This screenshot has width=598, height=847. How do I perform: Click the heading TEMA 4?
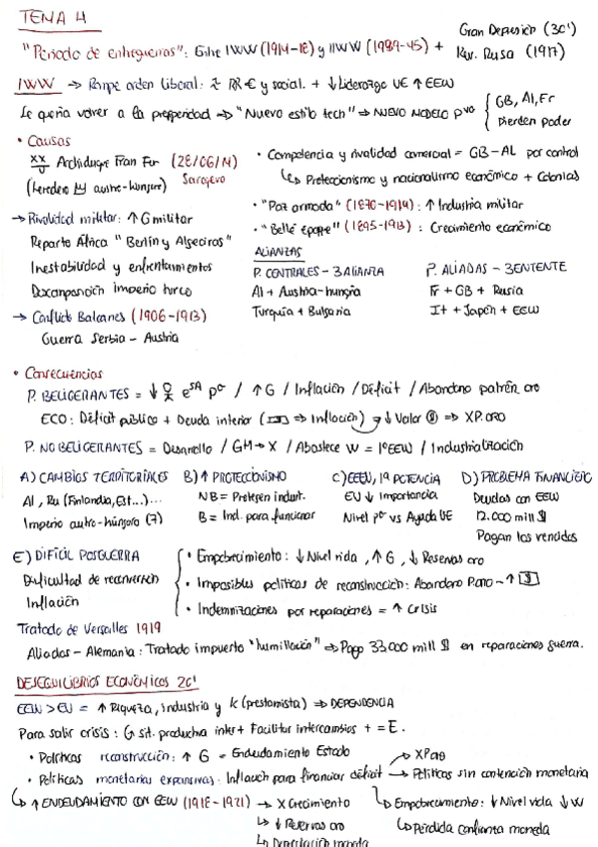point(48,17)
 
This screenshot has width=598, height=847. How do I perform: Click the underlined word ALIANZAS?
point(281,251)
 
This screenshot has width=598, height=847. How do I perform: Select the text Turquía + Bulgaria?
point(300,312)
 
